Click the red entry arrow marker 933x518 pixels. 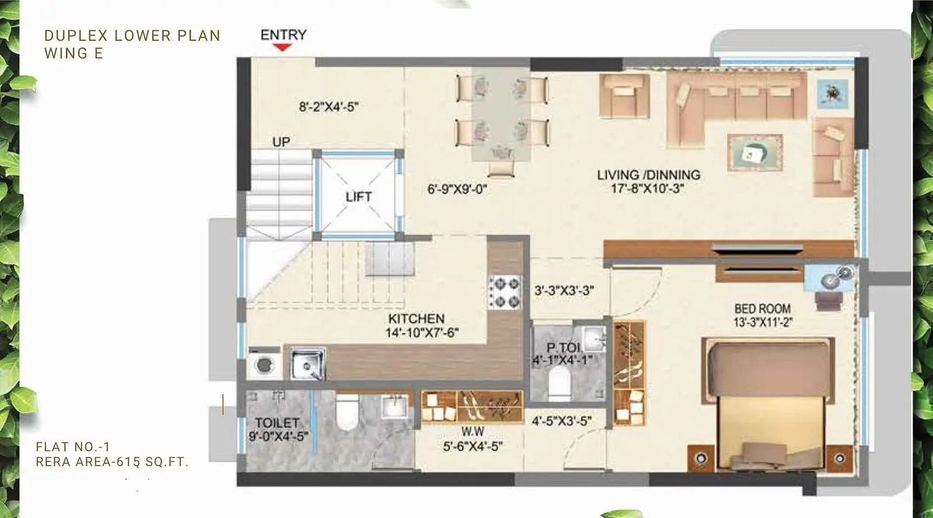[282, 47]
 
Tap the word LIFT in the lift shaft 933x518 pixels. [359, 197]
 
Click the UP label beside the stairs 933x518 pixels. [281, 142]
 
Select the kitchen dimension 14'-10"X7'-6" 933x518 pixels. [422, 333]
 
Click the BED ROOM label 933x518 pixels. [762, 309]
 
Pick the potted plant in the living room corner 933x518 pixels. [833, 94]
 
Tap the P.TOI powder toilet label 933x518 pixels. [563, 347]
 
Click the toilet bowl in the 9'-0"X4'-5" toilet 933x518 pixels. [348, 412]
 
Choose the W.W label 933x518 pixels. [473, 431]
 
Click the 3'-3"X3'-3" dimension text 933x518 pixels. [564, 290]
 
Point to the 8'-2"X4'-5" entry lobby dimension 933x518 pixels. [329, 107]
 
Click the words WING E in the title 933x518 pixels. [73, 54]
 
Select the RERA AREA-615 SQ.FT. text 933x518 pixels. [113, 462]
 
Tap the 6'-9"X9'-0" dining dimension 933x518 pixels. [457, 189]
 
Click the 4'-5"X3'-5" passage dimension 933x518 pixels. [562, 421]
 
